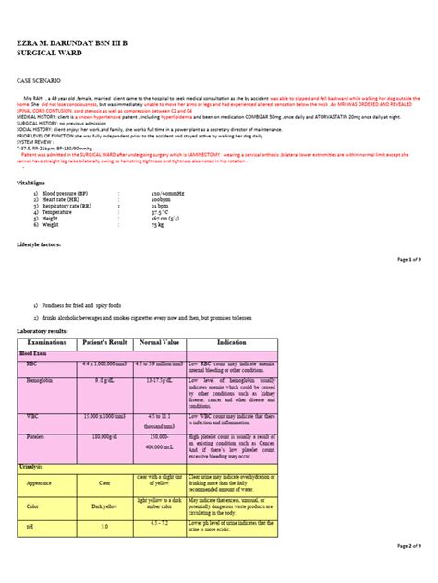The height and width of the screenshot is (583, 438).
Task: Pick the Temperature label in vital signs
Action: coord(58,216)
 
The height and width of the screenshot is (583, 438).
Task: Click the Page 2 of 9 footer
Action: coord(408,573)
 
